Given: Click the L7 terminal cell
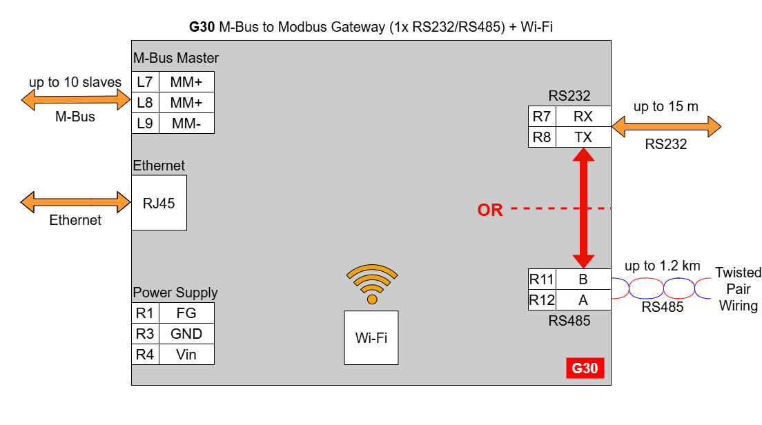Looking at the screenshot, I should click(x=145, y=82).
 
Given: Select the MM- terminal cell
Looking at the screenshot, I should click(x=186, y=123).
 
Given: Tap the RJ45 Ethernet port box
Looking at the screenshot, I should click(x=159, y=203).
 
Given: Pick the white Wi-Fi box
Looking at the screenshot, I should click(x=371, y=337).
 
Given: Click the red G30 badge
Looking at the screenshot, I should click(x=585, y=368).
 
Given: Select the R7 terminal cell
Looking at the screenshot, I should click(x=542, y=117).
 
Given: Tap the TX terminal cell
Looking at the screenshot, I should click(x=583, y=137).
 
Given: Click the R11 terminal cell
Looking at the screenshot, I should click(x=542, y=279).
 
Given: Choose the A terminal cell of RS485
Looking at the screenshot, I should click(x=583, y=300).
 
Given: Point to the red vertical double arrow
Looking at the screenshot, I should click(x=584, y=208).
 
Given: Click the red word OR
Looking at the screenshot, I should click(x=490, y=210).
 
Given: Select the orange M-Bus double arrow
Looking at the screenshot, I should click(x=75, y=101).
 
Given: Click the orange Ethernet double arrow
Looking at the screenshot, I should click(x=75, y=203).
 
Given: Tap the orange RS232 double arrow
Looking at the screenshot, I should click(x=666, y=127).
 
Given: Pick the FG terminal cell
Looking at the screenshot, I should click(x=186, y=313).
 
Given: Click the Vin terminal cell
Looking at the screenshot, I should click(x=186, y=355).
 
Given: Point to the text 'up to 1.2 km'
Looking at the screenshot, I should click(x=662, y=266).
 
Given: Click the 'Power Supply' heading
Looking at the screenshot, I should click(x=175, y=293).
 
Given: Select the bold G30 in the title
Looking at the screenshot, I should click(x=202, y=28).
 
